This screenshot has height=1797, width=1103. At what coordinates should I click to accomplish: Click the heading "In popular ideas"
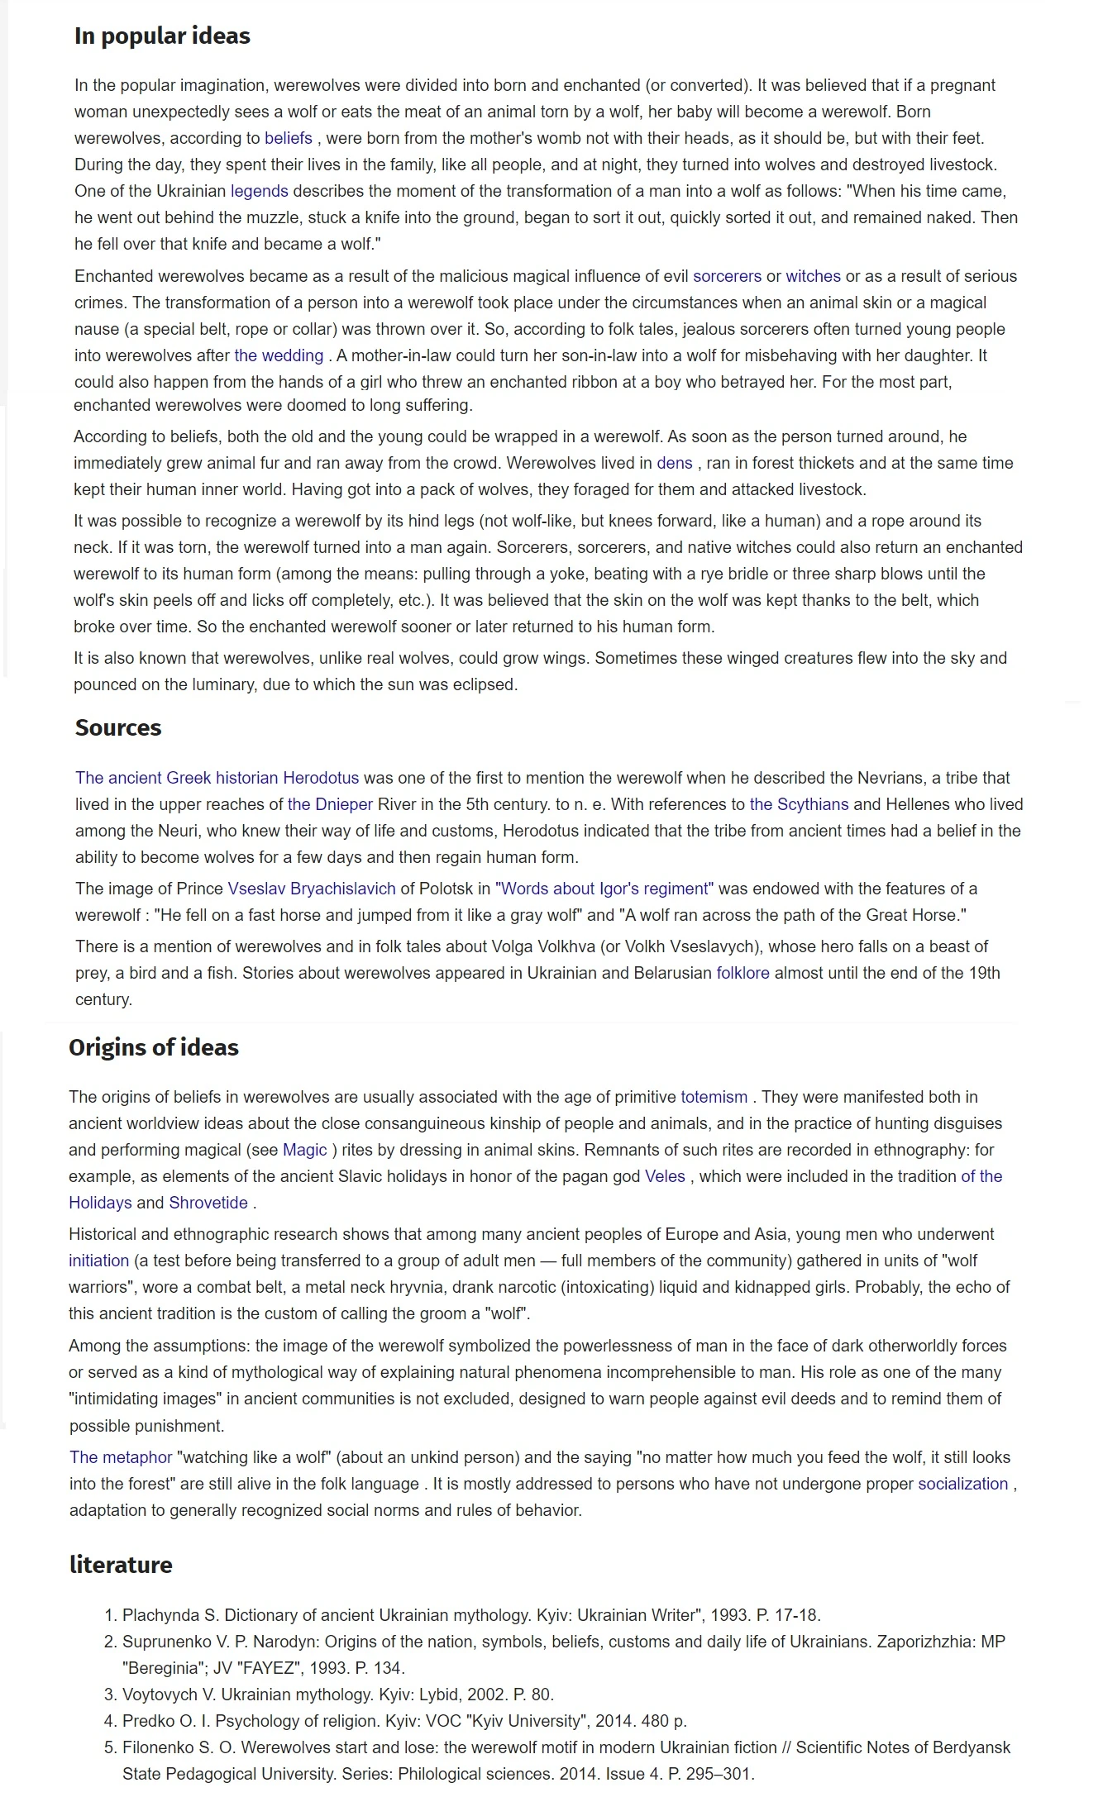[162, 36]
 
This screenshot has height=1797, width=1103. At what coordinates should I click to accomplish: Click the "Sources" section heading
[118, 727]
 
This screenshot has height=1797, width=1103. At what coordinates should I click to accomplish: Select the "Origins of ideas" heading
[154, 1047]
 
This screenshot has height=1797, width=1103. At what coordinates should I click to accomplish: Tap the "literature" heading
[121, 1564]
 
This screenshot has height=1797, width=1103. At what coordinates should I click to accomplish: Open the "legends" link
[259, 191]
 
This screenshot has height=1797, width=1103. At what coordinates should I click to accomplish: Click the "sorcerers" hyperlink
[727, 276]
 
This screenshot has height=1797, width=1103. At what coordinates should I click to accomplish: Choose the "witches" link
[813, 276]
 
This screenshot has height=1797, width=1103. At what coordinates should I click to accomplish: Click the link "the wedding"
[279, 355]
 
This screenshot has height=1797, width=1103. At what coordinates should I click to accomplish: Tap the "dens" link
[674, 463]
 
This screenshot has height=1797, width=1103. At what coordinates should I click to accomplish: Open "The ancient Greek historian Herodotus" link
[217, 778]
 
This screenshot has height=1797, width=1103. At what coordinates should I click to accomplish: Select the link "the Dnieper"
[330, 804]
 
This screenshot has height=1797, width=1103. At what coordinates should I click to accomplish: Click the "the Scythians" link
[799, 804]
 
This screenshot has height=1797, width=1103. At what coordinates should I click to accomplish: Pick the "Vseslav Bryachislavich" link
[312, 889]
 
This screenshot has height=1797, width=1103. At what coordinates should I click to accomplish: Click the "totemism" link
[714, 1097]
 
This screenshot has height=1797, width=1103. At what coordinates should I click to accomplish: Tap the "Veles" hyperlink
[665, 1176]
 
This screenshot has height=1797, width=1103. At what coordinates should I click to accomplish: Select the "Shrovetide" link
[208, 1203]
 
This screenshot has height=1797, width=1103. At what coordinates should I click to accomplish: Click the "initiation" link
[98, 1261]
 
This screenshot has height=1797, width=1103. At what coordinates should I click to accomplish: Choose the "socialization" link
[962, 1484]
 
